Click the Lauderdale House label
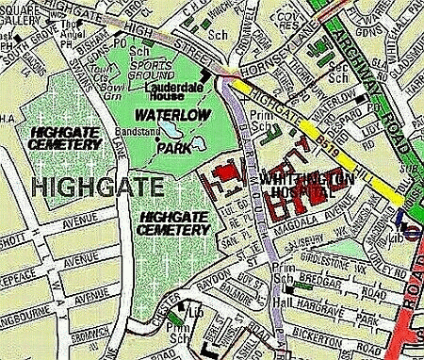pyautogui.click(x=180, y=91)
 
